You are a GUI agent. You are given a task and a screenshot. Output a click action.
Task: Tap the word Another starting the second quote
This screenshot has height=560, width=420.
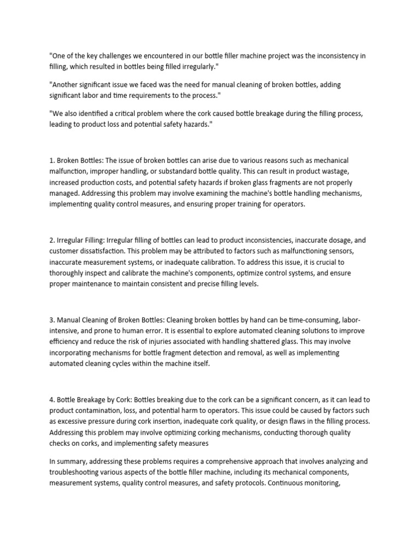click(x=66, y=85)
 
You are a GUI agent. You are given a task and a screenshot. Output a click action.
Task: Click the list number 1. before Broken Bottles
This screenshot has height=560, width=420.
click(x=52, y=160)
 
